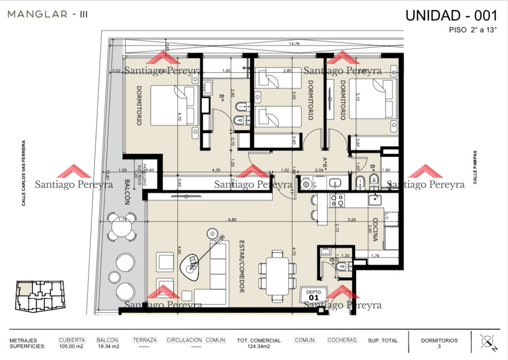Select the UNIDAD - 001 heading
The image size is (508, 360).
(451, 15)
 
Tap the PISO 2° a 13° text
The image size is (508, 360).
(472, 30)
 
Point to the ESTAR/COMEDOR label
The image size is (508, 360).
(242, 267)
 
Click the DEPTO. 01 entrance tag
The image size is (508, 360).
(314, 295)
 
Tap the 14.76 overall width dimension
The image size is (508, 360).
(294, 44)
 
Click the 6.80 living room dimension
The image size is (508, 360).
(232, 220)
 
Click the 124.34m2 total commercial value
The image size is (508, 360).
(259, 346)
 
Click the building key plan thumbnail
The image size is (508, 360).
(39, 295)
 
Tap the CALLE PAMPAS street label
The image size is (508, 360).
(475, 167)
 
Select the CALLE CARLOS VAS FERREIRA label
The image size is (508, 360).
(24, 173)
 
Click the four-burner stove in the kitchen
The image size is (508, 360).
(337, 200)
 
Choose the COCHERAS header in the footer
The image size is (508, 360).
(342, 340)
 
